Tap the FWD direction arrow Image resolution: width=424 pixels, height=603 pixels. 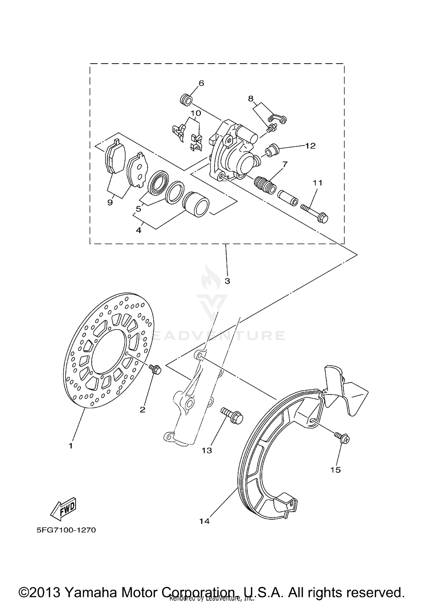click(x=63, y=508)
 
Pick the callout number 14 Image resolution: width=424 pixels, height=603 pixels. click(x=204, y=521)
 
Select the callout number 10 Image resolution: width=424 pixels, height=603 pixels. click(x=196, y=113)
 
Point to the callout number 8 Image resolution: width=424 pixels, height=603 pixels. click(x=251, y=99)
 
